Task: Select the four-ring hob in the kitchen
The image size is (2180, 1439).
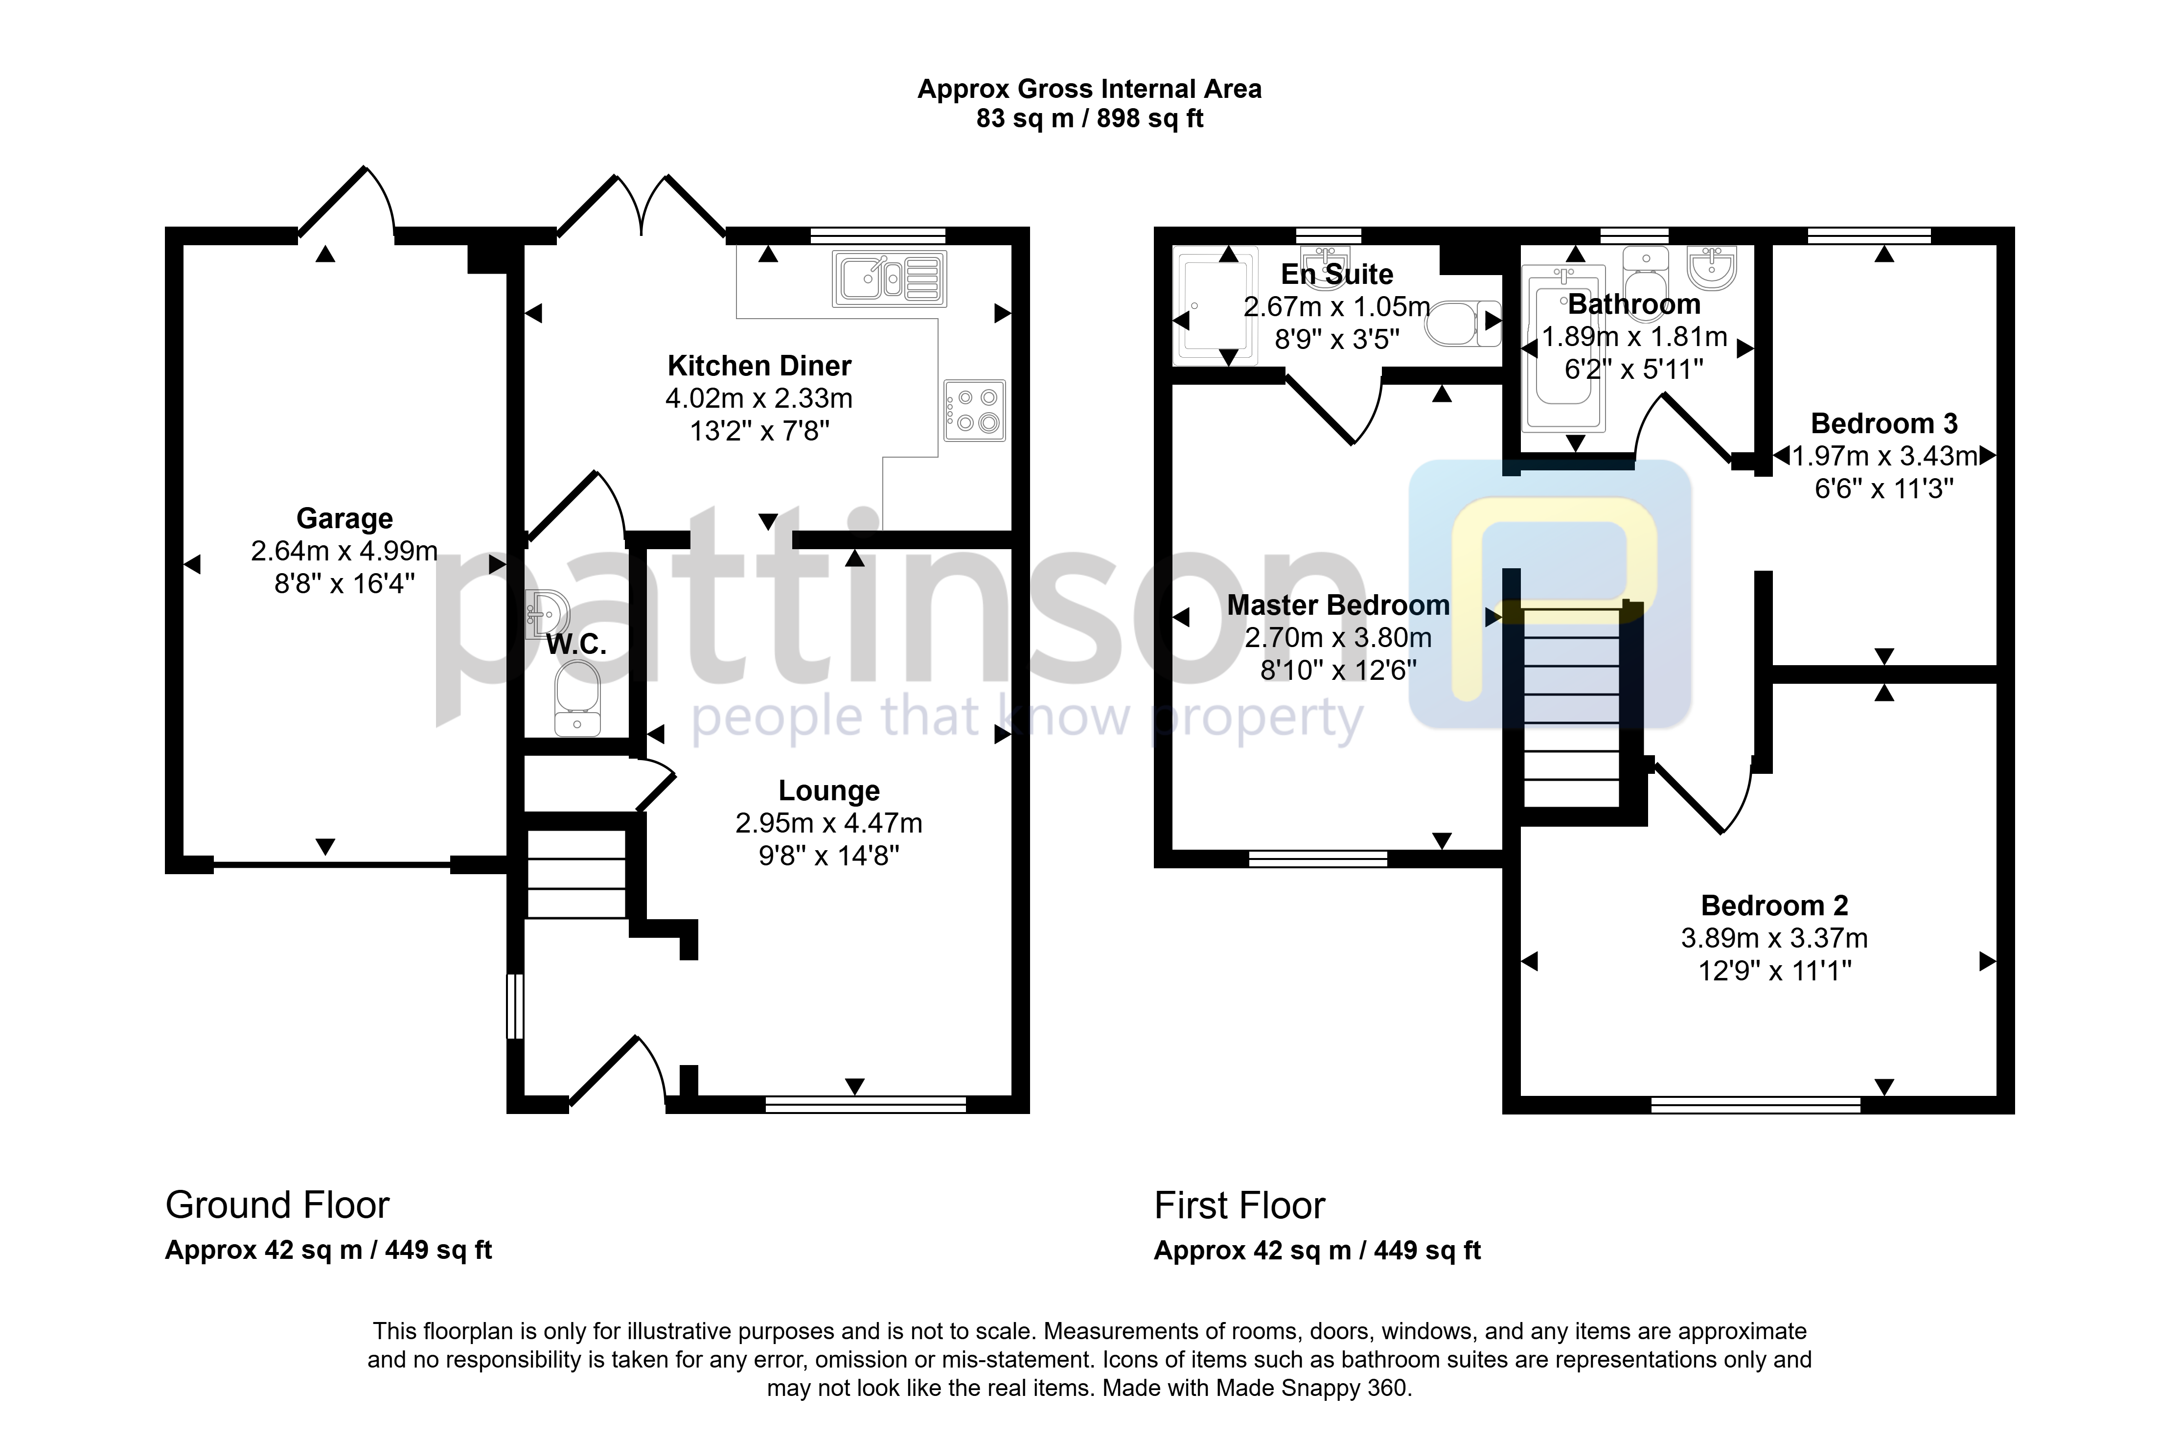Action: (x=974, y=410)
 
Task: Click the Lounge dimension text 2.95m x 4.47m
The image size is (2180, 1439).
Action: (x=828, y=823)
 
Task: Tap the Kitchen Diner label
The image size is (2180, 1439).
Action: (x=759, y=366)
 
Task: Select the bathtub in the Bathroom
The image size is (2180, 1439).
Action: (x=1563, y=348)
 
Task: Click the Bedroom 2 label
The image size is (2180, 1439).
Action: (x=1774, y=906)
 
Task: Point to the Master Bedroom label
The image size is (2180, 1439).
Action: (x=1338, y=606)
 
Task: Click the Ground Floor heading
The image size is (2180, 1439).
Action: (x=277, y=1205)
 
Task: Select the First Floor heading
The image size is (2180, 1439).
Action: (x=1239, y=1205)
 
